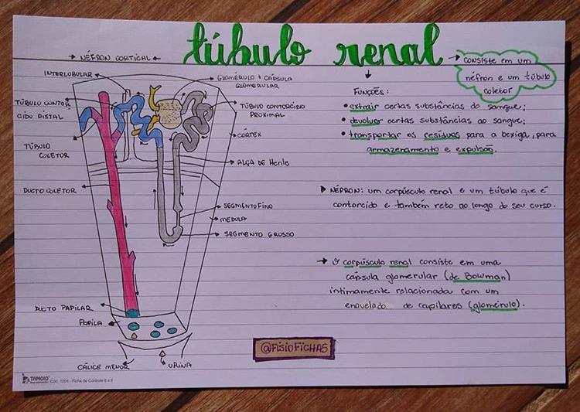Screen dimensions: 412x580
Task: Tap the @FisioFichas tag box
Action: pyautogui.click(x=293, y=348)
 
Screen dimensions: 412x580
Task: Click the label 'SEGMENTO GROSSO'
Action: pyautogui.click(x=259, y=233)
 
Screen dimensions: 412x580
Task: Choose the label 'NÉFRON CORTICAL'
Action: pyautogui.click(x=115, y=57)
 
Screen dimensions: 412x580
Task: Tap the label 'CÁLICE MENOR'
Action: pyautogui.click(x=103, y=366)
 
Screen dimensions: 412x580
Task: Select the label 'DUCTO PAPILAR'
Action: pyautogui.click(x=57, y=308)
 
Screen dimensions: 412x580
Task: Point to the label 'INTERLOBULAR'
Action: pyautogui.click(x=67, y=74)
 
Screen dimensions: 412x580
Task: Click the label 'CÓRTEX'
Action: pyautogui.click(x=249, y=134)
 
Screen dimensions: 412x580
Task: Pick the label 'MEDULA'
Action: pyautogui.click(x=234, y=219)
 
